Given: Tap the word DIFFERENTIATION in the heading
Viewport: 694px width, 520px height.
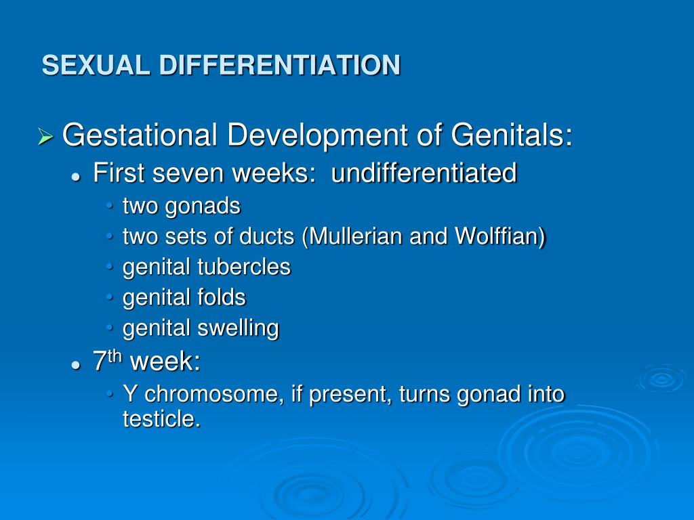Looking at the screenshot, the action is click(280, 65).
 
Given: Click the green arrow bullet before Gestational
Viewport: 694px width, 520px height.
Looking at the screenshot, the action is click(45, 136).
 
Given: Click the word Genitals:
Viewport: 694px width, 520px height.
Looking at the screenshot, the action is click(512, 135).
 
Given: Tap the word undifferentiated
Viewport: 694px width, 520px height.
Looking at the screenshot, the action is click(424, 173).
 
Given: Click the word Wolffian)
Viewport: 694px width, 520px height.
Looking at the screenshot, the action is click(500, 236).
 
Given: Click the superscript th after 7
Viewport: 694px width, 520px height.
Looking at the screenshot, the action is click(114, 356).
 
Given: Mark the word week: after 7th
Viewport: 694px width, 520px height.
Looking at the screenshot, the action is click(165, 362).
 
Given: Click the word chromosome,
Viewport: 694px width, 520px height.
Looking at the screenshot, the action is click(214, 394).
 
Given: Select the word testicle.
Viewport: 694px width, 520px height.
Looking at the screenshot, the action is click(161, 418).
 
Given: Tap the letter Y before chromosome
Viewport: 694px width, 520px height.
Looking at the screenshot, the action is click(129, 394).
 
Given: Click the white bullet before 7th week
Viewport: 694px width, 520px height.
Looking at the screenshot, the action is click(77, 365).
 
